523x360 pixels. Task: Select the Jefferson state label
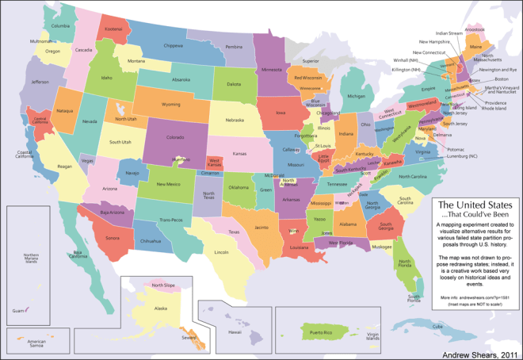(x=40, y=82)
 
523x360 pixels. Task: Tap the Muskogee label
(x=381, y=247)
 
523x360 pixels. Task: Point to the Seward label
(x=189, y=336)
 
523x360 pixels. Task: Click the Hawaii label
(x=234, y=332)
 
